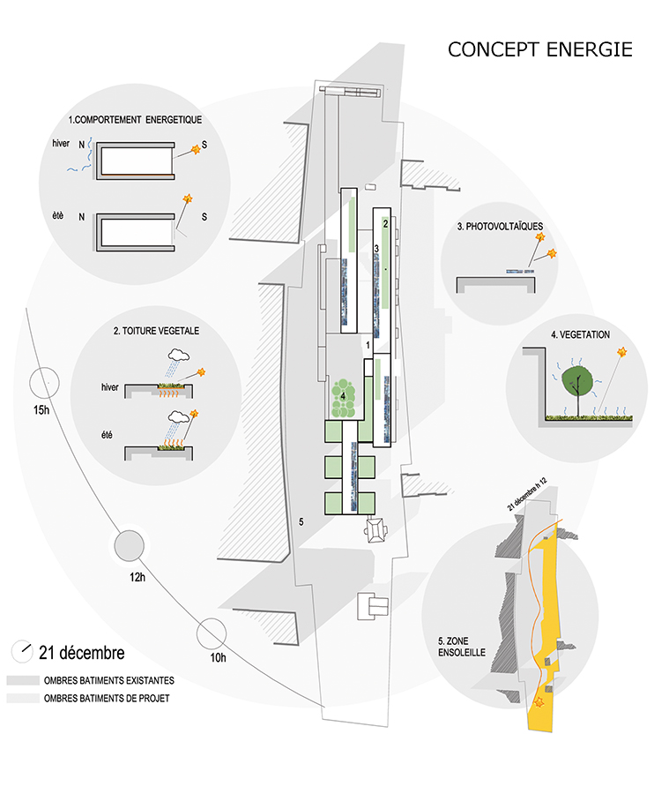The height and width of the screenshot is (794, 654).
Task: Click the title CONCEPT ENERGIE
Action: tap(539, 49)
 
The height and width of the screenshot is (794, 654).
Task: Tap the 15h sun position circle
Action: tap(44, 383)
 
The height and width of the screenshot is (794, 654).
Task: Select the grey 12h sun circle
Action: tap(129, 545)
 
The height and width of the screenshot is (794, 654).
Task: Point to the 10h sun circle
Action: tap(212, 633)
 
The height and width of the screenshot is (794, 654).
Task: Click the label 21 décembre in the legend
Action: tap(81, 653)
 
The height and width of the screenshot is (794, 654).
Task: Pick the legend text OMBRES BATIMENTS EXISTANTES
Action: tap(108, 680)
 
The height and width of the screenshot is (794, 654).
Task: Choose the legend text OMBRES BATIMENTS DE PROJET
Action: tap(107, 699)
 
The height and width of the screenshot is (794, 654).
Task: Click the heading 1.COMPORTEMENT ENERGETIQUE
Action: tap(135, 120)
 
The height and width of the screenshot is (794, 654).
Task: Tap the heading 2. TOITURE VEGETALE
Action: tap(156, 331)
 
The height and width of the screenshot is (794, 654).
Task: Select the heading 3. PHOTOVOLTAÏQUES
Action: tap(500, 227)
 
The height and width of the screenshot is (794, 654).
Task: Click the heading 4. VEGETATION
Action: tap(580, 334)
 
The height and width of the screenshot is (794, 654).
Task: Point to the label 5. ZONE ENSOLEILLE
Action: tap(461, 647)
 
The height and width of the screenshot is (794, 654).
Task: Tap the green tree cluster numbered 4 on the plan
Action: tap(344, 399)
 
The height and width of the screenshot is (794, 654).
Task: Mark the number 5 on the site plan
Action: tap(301, 521)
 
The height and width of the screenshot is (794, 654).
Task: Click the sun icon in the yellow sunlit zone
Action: tap(539, 702)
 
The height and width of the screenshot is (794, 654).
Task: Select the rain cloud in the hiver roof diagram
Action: tap(179, 355)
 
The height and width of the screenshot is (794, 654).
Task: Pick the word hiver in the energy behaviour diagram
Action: tap(61, 143)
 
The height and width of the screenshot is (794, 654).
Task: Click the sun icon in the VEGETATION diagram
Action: tap(621, 351)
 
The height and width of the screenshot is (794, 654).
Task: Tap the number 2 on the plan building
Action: tap(385, 223)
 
